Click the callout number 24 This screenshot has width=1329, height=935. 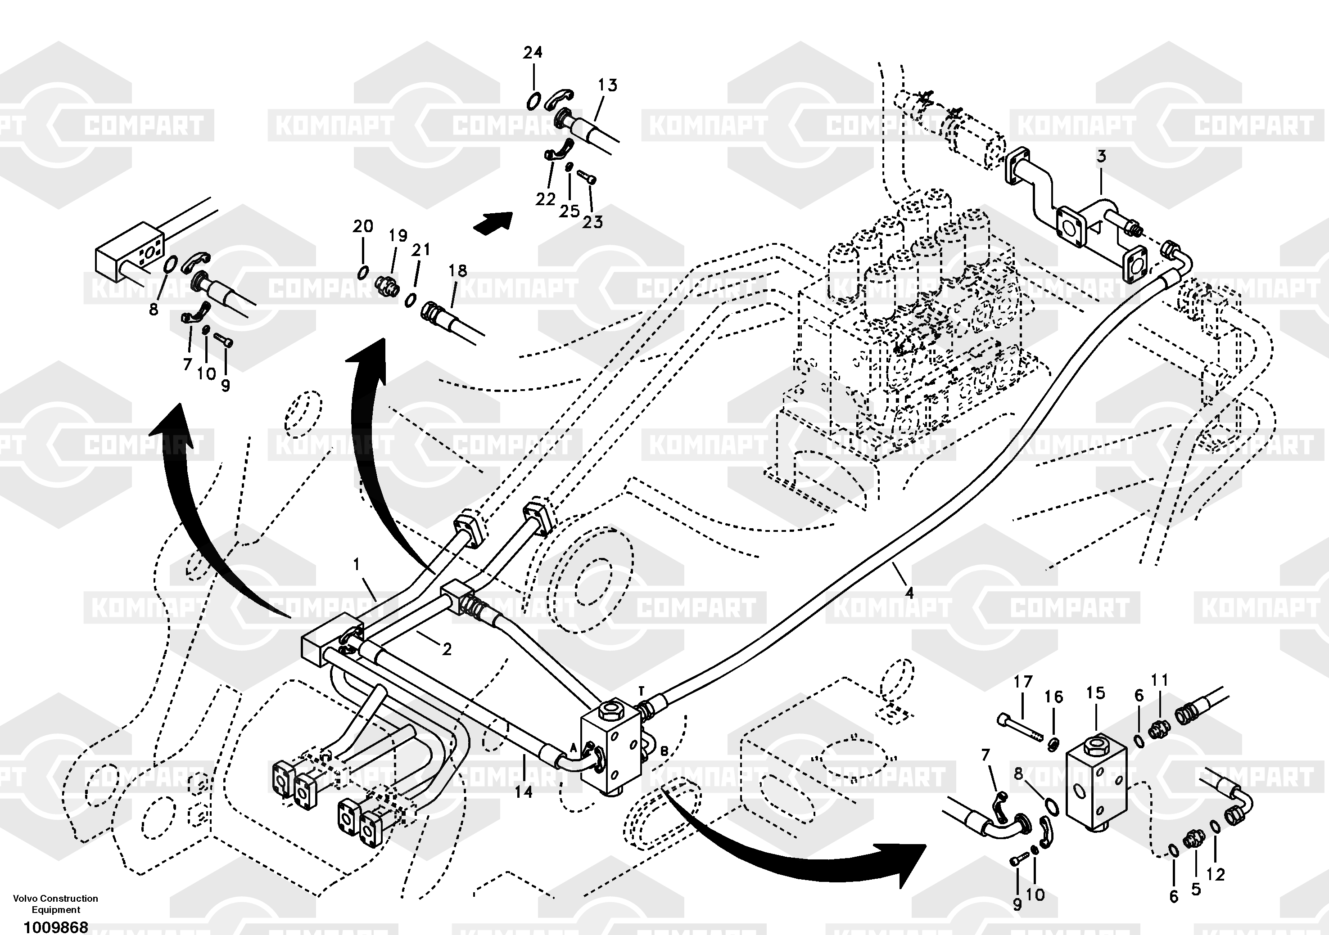click(533, 53)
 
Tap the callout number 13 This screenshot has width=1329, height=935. click(607, 85)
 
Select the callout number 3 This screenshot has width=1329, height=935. click(1101, 156)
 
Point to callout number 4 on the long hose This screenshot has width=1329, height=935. click(909, 593)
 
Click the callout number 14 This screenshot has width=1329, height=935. click(523, 791)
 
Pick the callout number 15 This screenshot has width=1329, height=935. click(1096, 692)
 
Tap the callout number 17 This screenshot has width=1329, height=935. click(1023, 682)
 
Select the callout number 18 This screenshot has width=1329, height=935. click(457, 270)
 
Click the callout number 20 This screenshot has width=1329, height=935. click(363, 226)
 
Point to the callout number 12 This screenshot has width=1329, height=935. click(1216, 874)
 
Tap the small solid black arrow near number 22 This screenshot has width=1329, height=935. click(493, 223)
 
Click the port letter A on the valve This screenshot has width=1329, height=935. click(574, 747)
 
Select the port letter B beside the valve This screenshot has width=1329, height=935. click(664, 751)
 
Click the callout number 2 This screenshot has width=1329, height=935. click(446, 649)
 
